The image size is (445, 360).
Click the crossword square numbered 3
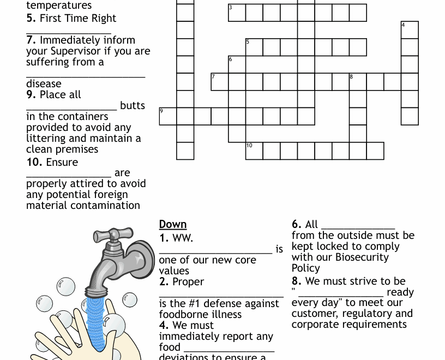[237, 13]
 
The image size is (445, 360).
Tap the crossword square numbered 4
[410, 30]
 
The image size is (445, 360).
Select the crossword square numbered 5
[254, 47]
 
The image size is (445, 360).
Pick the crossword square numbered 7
[219, 82]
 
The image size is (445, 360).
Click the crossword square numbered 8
[358, 82]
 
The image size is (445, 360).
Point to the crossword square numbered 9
[167, 116]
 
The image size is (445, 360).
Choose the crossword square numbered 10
[254, 151]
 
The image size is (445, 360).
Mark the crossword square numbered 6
[237, 64]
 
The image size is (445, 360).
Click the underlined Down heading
[173, 224]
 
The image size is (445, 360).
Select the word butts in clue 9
[133, 105]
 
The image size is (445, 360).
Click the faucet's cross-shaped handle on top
[113, 235]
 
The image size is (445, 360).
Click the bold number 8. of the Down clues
[297, 281]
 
